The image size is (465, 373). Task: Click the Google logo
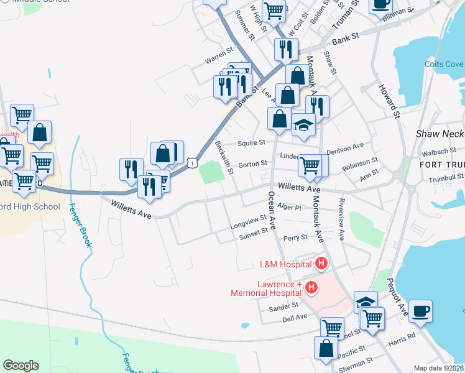coord(21,366)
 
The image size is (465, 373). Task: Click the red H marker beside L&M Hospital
coord(321,264)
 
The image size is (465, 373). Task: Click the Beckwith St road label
coord(224,157)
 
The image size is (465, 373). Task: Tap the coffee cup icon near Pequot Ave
coord(420,311)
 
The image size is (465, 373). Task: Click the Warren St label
coord(218,58)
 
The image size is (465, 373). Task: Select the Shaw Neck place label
coord(440,134)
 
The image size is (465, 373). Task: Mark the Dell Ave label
coord(295,317)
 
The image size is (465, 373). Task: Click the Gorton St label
coord(252,164)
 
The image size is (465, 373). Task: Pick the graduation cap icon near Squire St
coord(304,126)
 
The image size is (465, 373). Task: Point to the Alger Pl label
coord(290,207)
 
